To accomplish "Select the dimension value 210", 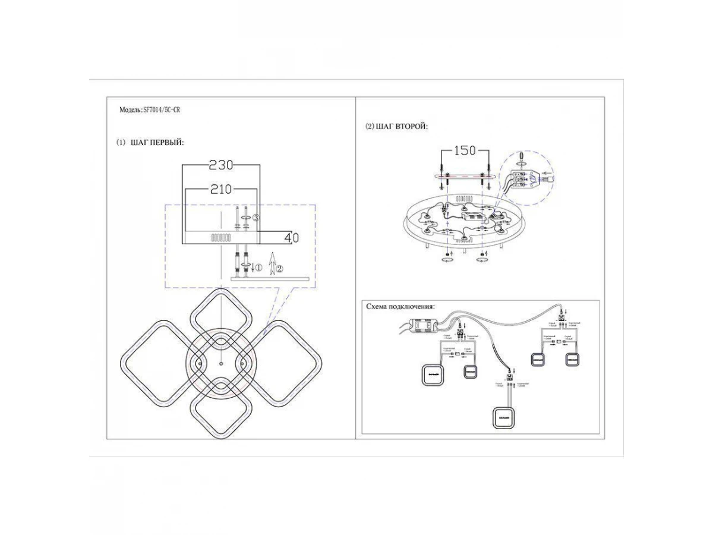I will (x=221, y=190).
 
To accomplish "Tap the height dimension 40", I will (x=291, y=238).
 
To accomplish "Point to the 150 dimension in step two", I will (x=465, y=150).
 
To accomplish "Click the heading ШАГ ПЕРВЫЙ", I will (x=157, y=143).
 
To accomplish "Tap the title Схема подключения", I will (x=400, y=307).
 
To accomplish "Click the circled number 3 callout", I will (x=255, y=218).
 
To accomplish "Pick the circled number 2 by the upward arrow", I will (x=280, y=269).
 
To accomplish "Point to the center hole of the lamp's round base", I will (x=220, y=363).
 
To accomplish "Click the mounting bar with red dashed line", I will (x=464, y=177).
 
